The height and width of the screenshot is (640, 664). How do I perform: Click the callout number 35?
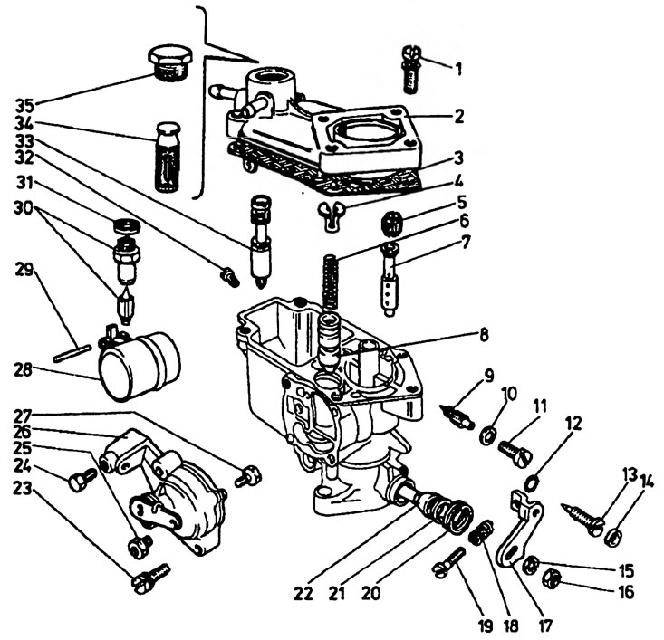click(25, 106)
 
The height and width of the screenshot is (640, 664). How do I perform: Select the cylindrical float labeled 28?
click(139, 366)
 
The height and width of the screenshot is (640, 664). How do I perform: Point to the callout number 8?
click(484, 335)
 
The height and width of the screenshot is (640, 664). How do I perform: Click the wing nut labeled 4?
click(332, 215)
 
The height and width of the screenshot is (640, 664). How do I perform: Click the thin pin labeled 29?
click(72, 353)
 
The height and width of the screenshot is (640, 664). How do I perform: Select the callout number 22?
click(303, 594)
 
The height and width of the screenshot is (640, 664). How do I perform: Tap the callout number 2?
click(457, 116)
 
